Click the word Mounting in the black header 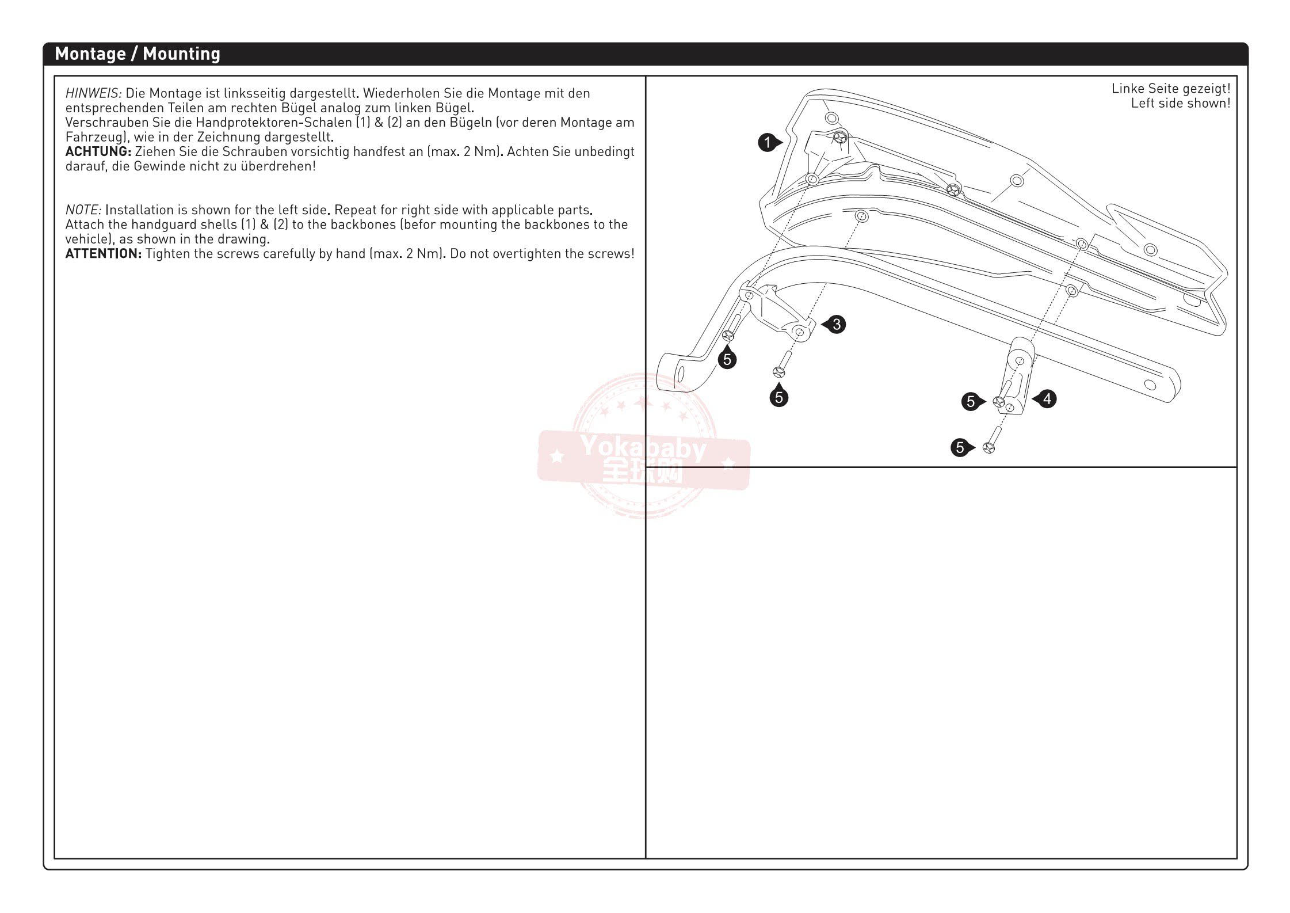point(181,54)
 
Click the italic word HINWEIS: point(93,93)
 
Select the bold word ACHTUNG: point(98,151)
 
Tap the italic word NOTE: point(83,210)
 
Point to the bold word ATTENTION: point(103,254)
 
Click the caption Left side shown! point(1180,104)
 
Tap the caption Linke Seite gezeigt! point(1170,89)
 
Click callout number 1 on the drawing point(767,142)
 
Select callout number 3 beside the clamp point(837,325)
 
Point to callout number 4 point(1047,399)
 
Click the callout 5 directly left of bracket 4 point(971,402)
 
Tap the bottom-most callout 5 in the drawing point(960,447)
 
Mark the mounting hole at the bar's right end point(1150,385)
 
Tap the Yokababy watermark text point(643,448)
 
